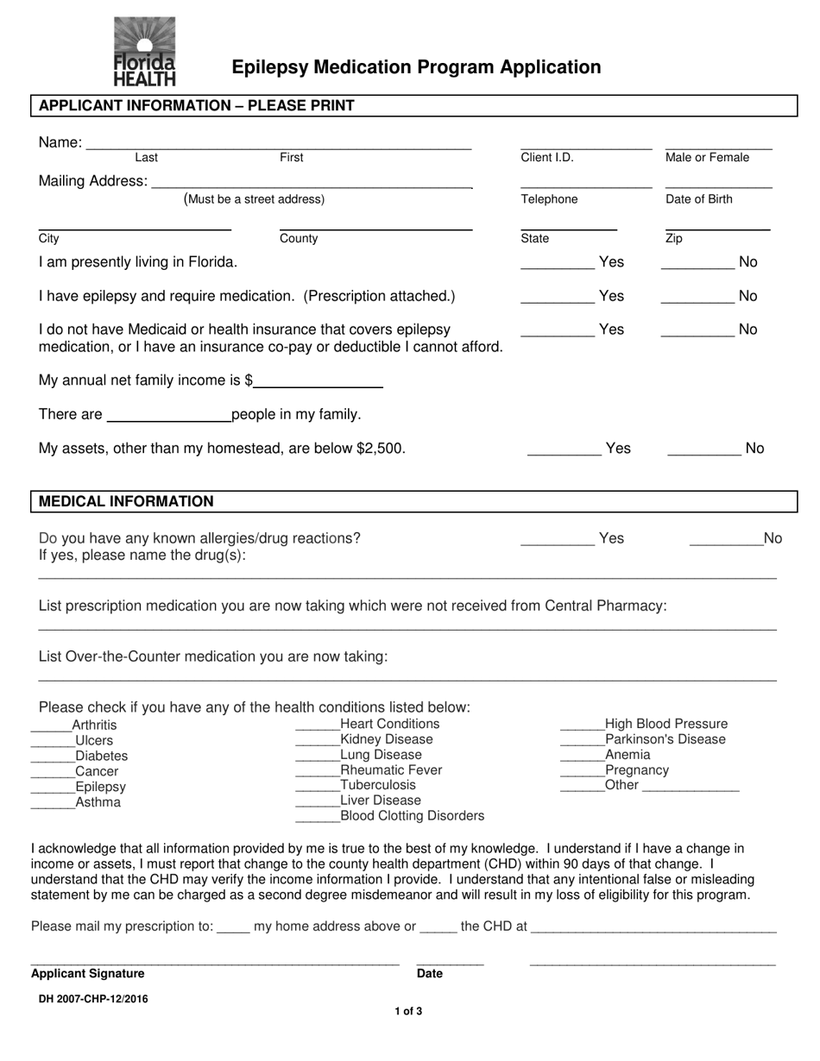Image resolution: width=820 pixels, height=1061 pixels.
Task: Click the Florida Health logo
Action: coord(144,52)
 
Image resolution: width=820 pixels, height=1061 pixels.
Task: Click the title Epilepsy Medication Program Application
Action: coord(416,67)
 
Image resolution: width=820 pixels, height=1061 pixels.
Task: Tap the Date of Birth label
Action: coord(698,199)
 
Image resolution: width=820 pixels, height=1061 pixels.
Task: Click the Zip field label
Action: coord(673,239)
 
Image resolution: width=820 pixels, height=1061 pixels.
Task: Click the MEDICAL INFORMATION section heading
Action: coord(126,501)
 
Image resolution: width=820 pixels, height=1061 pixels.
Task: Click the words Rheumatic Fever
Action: coord(391,769)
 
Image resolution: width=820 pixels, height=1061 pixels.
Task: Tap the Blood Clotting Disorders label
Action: coord(413,816)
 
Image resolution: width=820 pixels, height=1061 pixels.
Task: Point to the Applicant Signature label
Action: coord(87,974)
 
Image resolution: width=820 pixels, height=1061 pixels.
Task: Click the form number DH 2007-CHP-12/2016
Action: coord(92,999)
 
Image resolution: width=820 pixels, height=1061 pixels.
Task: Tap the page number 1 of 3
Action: coord(408,1012)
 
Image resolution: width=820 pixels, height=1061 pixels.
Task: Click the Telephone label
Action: coord(549,199)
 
